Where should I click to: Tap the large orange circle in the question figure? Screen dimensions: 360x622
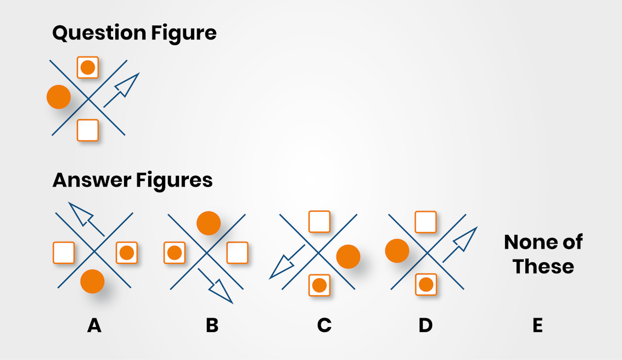(59, 97)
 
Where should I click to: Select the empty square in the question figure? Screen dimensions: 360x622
(88, 130)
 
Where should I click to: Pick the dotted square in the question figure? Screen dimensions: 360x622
(88, 67)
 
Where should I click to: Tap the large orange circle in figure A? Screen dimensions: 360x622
(92, 281)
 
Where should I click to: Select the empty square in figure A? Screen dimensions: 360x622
(64, 252)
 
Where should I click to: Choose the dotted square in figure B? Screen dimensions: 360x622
(175, 252)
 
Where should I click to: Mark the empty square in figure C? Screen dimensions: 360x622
(320, 222)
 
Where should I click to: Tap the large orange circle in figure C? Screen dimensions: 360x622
(348, 256)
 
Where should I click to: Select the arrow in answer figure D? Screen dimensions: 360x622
(460, 244)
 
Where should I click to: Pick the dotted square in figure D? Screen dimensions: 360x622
(426, 284)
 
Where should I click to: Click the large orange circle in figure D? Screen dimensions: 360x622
(397, 251)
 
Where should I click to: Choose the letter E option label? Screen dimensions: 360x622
(537, 325)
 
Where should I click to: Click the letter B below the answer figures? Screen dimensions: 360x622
(212, 325)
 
